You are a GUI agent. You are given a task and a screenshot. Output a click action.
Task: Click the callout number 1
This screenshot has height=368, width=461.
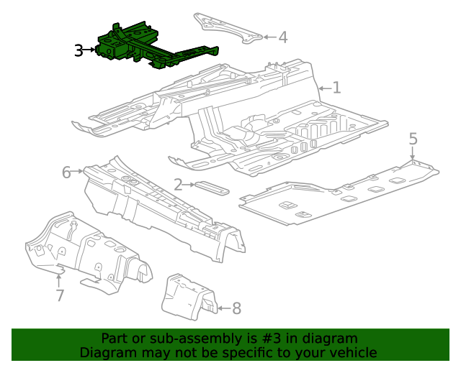336,88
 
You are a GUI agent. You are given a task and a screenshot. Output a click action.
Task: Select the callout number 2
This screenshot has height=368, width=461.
177,185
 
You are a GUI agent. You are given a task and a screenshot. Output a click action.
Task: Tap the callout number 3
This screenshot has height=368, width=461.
79,50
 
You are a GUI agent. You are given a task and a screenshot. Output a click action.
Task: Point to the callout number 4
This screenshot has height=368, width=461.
283,37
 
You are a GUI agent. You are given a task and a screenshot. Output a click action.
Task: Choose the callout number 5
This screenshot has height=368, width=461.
413,139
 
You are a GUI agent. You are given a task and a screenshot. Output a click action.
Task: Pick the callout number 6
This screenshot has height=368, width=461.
66,172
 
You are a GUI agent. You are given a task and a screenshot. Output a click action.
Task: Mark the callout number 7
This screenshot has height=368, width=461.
60,295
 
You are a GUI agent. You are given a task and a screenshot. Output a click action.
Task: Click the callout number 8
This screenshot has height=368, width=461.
236,308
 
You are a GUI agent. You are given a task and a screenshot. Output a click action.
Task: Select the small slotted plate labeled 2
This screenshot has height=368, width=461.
211,188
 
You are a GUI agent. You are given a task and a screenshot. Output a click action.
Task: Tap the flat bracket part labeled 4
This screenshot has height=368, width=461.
226,29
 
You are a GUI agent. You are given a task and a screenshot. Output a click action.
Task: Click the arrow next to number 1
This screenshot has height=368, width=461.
323,88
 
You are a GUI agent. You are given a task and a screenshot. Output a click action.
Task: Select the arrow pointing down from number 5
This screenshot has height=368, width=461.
413,155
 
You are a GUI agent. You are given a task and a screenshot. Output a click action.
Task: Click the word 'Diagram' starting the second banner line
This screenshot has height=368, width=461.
106,352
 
